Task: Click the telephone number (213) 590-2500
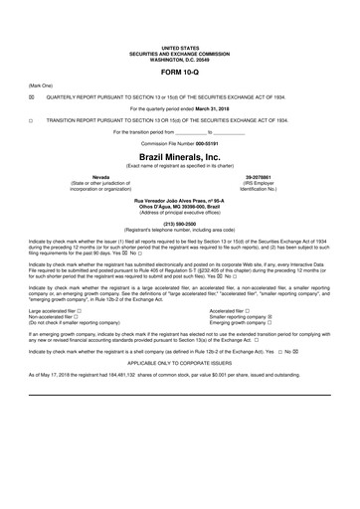click(x=179, y=224)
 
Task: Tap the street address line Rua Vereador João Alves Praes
click(x=179, y=200)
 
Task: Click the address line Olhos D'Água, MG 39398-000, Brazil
click(x=179, y=206)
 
